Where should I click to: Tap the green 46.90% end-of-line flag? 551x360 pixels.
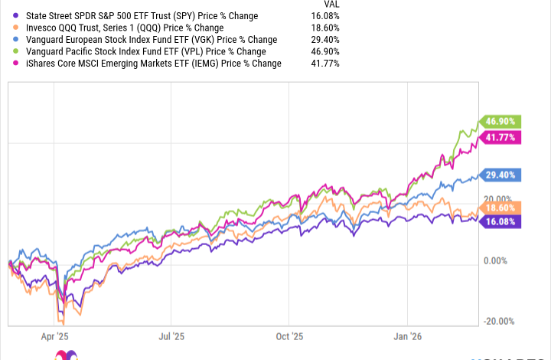click(x=500, y=121)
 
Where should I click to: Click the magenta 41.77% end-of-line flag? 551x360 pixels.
click(x=500, y=138)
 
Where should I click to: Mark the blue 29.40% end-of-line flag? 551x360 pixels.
click(x=500, y=175)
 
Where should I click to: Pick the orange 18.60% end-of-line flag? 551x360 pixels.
click(x=500, y=208)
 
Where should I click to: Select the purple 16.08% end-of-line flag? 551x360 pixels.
click(x=500, y=221)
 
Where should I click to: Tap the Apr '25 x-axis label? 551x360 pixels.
click(x=54, y=335)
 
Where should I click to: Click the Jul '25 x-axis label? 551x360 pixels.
click(x=171, y=335)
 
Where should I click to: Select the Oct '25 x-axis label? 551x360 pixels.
click(x=289, y=335)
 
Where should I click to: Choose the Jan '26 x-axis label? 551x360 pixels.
click(x=407, y=335)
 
